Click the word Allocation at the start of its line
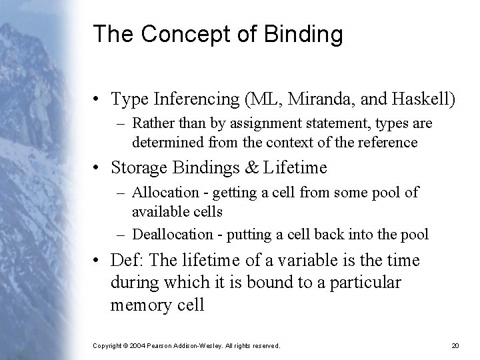click(x=166, y=192)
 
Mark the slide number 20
click(x=455, y=345)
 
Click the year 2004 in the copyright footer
click(x=136, y=345)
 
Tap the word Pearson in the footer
click(x=161, y=345)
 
